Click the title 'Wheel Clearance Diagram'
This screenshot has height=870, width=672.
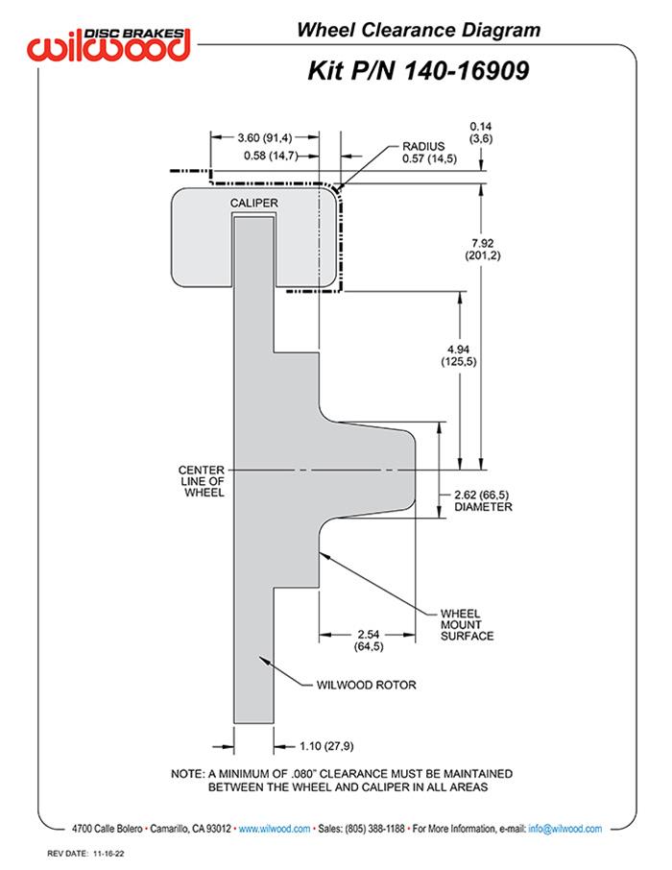click(418, 31)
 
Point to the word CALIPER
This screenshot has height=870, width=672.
click(254, 204)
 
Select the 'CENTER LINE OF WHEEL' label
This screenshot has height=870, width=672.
click(202, 480)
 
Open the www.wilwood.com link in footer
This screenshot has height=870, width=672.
click(274, 828)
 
